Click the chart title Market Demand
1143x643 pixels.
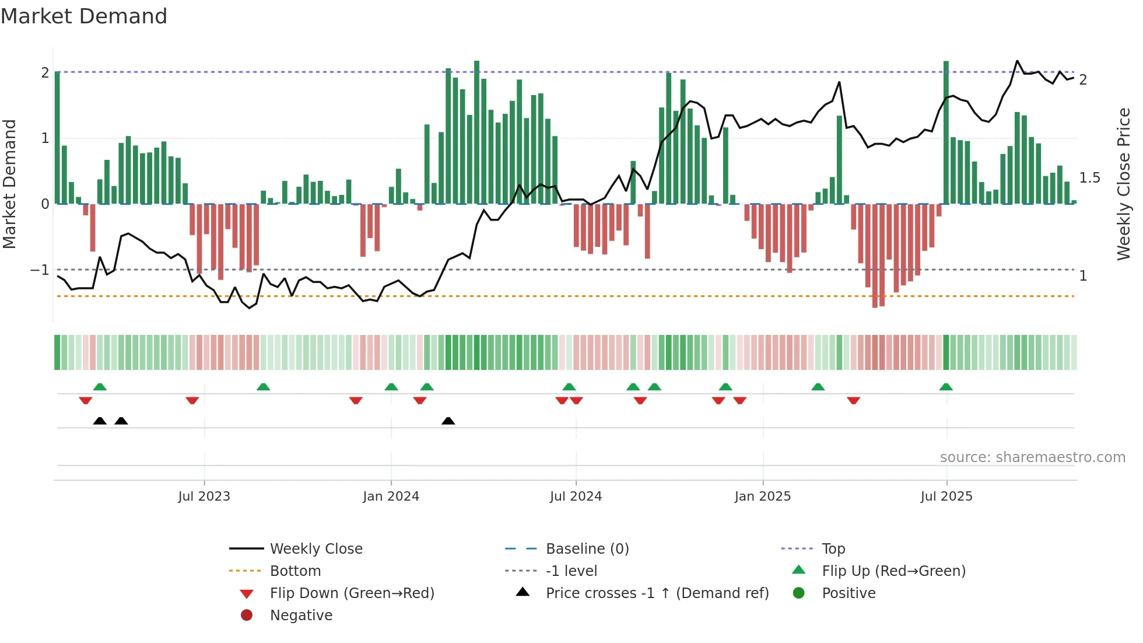pyautogui.click(x=84, y=16)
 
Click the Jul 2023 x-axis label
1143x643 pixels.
pyautogui.click(x=204, y=497)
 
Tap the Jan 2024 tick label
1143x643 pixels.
pyautogui.click(x=391, y=497)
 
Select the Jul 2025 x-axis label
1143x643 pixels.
pyautogui.click(x=946, y=497)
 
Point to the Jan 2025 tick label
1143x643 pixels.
pyautogui.click(x=762, y=497)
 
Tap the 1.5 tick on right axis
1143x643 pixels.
pyautogui.click(x=1089, y=178)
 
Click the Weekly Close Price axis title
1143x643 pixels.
pyautogui.click(x=1124, y=184)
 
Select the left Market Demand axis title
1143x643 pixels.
pyautogui.click(x=9, y=184)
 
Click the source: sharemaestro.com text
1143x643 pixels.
pyautogui.click(x=1032, y=457)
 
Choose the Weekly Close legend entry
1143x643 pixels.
pyautogui.click(x=315, y=549)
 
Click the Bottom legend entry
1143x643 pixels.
pyautogui.click(x=295, y=571)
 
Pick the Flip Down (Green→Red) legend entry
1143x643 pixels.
pyautogui.click(x=352, y=593)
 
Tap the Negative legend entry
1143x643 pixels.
pyautogui.click(x=301, y=616)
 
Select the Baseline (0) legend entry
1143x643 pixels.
pyautogui.click(x=587, y=549)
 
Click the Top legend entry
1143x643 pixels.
pyautogui.click(x=833, y=549)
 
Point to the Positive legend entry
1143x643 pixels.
pyautogui.click(x=849, y=593)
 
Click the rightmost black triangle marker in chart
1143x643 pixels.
pyautogui.click(x=448, y=421)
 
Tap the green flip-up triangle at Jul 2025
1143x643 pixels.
pyautogui.click(x=946, y=387)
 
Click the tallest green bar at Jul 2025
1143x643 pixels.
pyautogui.click(x=946, y=134)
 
